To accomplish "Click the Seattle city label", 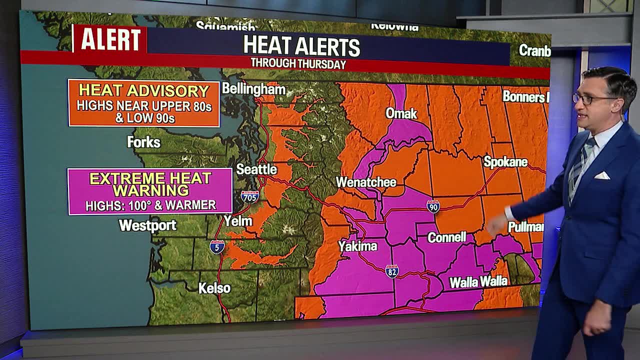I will (x=256, y=169).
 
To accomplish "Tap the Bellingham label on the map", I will (x=253, y=89).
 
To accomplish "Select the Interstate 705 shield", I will (x=249, y=196).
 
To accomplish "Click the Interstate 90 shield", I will (x=433, y=206).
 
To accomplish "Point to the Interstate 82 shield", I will (x=392, y=271).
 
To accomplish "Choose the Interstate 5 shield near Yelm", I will (x=216, y=246).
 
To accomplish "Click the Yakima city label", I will (x=357, y=246).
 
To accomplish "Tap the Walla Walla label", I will (x=478, y=282).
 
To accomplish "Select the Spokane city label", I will (x=505, y=162).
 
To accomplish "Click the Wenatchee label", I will (x=366, y=182).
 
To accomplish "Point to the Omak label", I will (x=401, y=113).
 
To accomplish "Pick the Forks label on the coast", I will (x=143, y=142).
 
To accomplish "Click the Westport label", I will (x=147, y=225).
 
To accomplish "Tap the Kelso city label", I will (x=214, y=288).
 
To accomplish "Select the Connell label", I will (x=446, y=237).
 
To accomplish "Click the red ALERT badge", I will (x=110, y=39).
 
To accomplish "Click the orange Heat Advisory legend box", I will (x=144, y=103).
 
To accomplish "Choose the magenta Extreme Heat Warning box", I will (x=150, y=191).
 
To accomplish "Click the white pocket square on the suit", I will (x=601, y=175).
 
